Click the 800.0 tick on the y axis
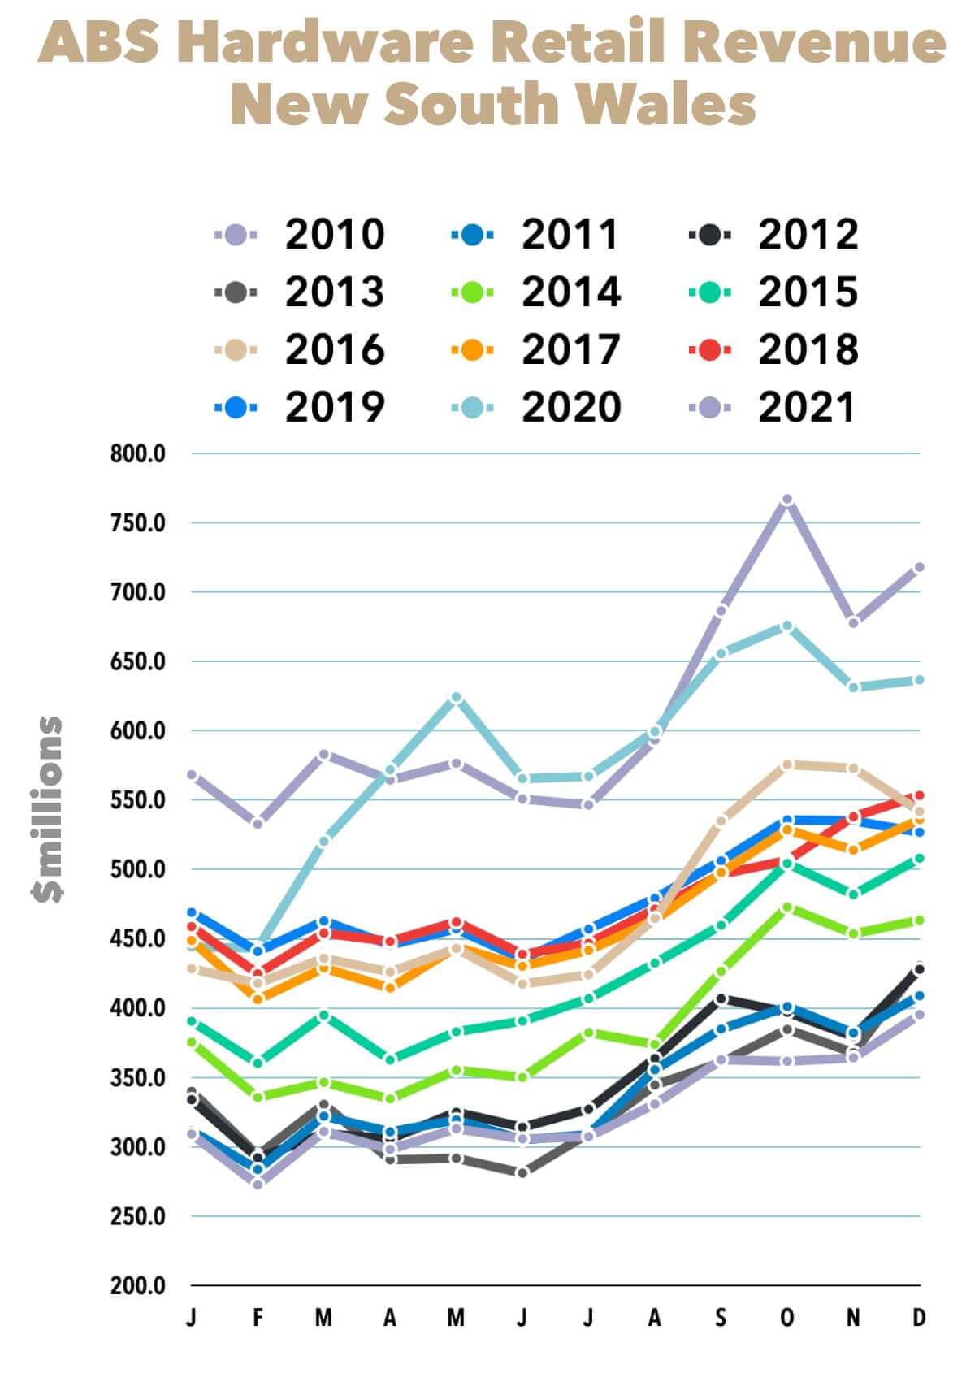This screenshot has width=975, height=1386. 138,453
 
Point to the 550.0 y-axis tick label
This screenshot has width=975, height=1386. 138,800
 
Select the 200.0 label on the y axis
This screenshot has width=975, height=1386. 138,1286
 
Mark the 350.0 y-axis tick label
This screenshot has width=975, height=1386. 138,1078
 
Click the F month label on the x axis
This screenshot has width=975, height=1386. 258,1318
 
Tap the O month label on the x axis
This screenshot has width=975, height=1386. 786,1318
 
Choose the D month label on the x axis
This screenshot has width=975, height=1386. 919,1318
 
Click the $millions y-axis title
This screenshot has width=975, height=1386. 47,809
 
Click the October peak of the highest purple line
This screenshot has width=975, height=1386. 786,500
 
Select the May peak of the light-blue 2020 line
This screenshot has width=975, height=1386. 456,698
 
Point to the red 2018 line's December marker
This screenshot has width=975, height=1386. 919,795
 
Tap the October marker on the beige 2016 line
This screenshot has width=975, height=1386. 786,765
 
